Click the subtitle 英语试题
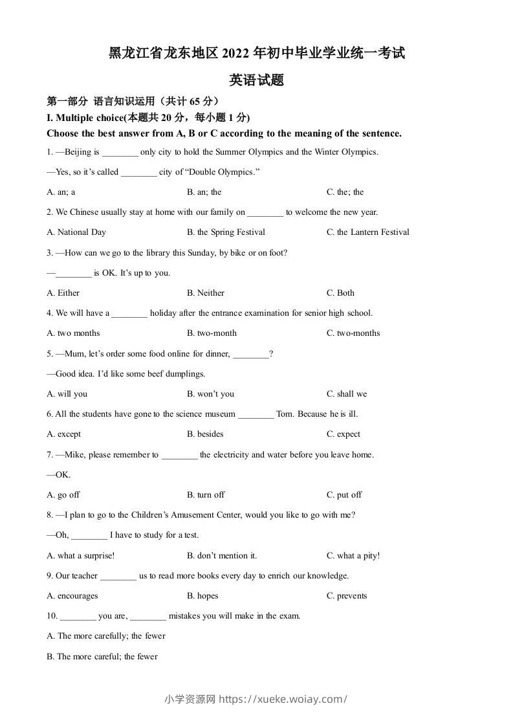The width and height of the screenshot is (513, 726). tap(257, 81)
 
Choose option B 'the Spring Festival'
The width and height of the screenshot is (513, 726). tap(226, 232)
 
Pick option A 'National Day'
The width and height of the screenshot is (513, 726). tap(76, 232)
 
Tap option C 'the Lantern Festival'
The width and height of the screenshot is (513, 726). tap(367, 232)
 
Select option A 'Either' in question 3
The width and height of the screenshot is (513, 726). tap(63, 293)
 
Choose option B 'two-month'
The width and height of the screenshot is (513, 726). tap(212, 333)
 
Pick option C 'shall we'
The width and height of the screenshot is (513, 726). tap(347, 394)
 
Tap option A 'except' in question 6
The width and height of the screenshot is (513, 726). tap(64, 434)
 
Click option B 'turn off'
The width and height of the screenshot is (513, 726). tap(206, 495)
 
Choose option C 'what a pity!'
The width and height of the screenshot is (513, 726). tap(353, 555)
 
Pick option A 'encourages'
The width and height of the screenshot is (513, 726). tap(72, 596)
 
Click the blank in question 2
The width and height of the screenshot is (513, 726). tap(265, 213)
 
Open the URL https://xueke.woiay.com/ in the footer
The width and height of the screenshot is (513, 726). tap(284, 699)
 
